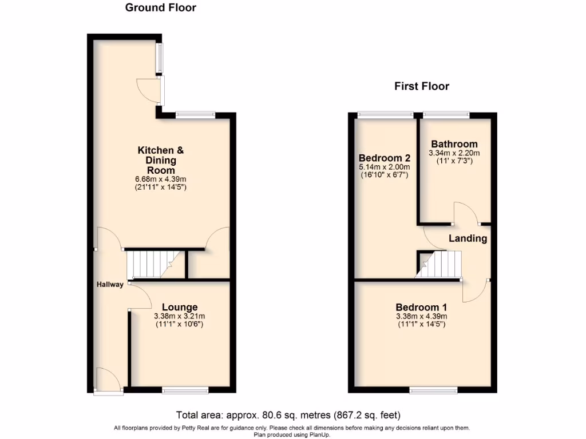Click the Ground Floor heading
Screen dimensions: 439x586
[x=160, y=8]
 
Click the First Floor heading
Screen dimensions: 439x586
[x=422, y=86]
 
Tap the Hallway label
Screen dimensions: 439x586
[x=110, y=285]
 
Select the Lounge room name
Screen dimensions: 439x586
[x=179, y=308]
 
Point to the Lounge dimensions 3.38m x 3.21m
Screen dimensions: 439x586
[x=179, y=316]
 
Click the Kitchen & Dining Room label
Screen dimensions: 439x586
[x=161, y=160]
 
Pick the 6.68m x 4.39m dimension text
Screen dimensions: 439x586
[x=161, y=179]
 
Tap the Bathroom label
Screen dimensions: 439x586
[x=454, y=144]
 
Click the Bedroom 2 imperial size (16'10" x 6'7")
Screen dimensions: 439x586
[x=385, y=175]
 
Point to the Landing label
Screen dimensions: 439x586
[x=468, y=238]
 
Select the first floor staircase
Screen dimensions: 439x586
[x=439, y=265]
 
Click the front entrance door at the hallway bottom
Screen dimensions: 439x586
[x=109, y=381]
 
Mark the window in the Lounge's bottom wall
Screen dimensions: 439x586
[x=185, y=390]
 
